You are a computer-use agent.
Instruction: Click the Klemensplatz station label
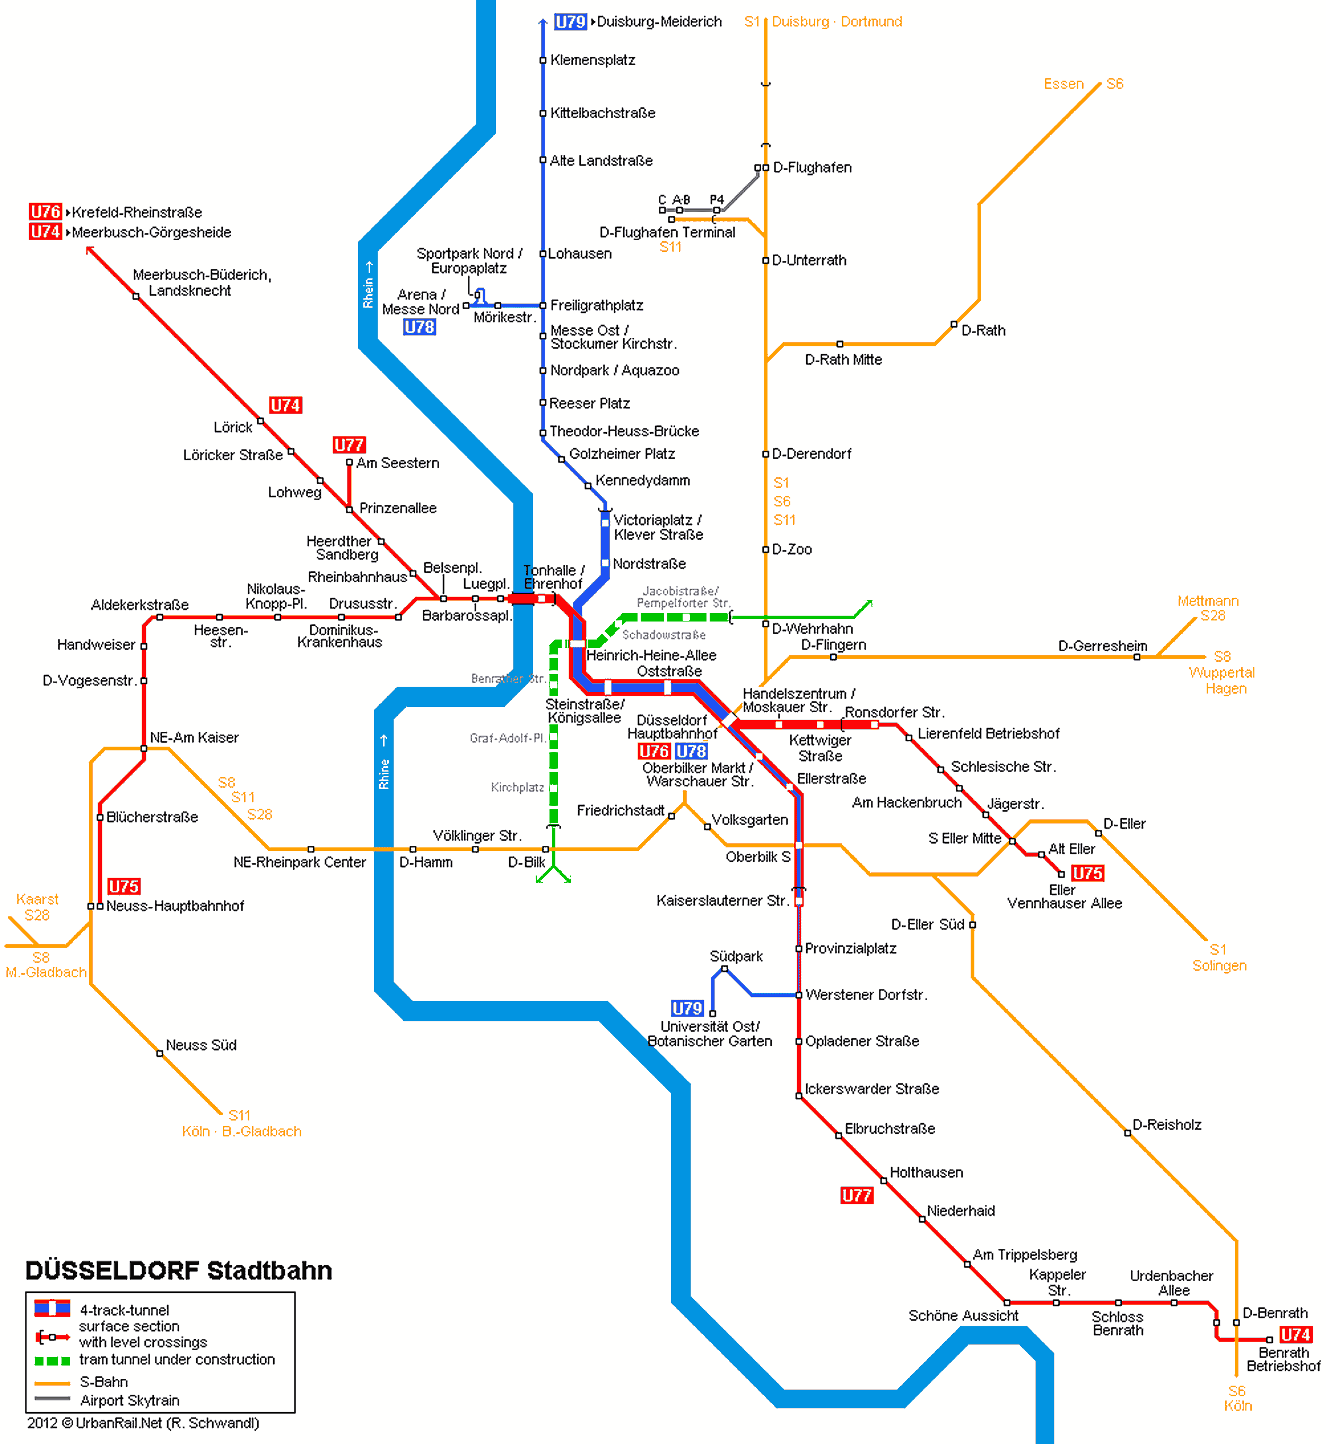point(592,60)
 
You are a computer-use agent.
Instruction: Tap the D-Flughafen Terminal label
point(667,232)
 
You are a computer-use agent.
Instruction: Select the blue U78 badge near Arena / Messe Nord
point(419,327)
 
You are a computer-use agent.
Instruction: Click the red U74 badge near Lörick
point(285,405)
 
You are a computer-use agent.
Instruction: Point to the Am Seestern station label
point(397,463)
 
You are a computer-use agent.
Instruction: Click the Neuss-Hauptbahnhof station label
point(175,906)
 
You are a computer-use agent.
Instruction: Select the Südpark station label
point(736,956)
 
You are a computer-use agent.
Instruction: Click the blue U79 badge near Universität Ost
point(687,1008)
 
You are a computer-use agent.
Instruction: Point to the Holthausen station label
point(926,1172)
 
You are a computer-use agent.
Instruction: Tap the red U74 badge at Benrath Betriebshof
point(1296,1334)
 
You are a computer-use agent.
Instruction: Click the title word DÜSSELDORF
point(112,1271)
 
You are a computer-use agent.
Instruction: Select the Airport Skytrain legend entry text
point(130,1400)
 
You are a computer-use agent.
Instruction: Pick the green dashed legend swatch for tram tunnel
point(53,1361)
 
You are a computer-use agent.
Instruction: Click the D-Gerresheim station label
point(1102,646)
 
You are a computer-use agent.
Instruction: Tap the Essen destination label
point(1063,84)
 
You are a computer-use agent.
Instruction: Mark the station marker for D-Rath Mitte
point(840,344)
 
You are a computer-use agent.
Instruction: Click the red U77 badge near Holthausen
point(857,1195)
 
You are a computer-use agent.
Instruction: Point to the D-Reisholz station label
point(1167,1125)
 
